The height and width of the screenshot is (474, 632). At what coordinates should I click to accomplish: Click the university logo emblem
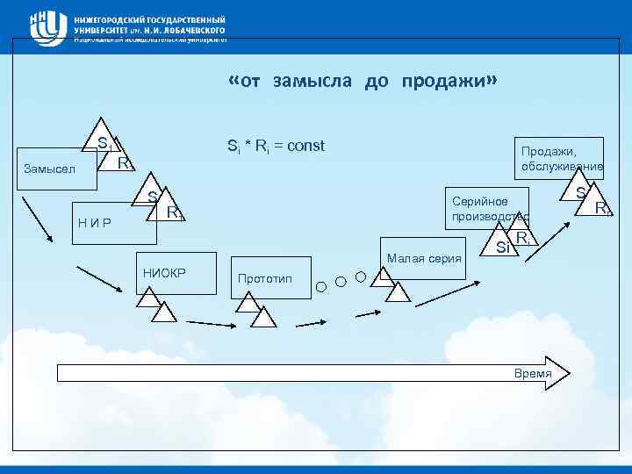point(47,27)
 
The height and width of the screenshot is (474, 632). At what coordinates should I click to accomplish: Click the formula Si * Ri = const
point(276,146)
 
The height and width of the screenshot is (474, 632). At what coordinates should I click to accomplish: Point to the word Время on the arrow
point(533,374)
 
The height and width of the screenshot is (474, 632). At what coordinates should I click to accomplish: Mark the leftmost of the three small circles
point(321,285)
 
